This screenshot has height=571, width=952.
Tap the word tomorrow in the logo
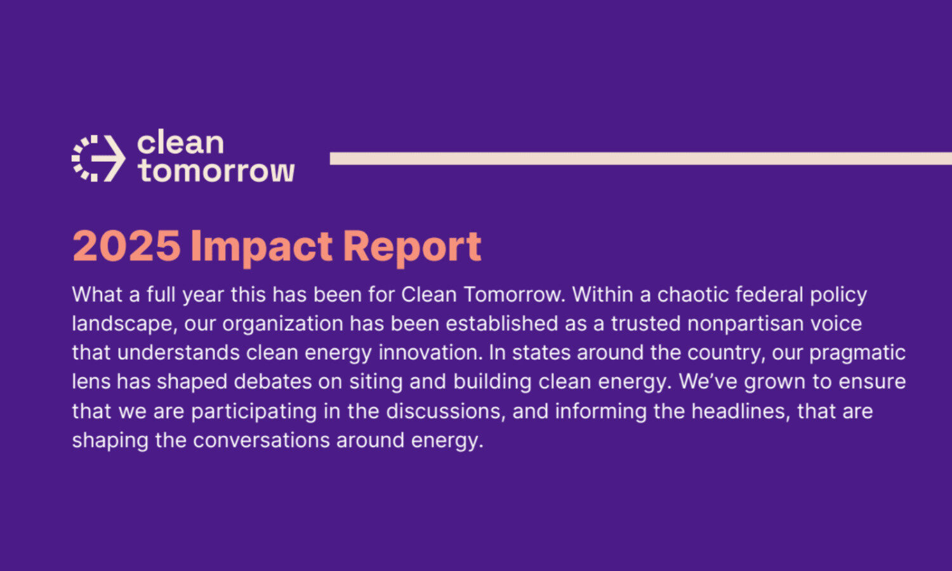tap(216, 171)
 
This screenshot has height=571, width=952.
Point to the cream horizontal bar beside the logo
tap(641, 159)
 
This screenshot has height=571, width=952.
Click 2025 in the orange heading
tap(127, 246)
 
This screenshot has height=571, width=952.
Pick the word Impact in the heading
tap(261, 248)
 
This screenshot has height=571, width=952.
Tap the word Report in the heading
tap(412, 248)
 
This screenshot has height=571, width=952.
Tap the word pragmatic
tap(857, 353)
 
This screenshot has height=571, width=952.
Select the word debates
tap(273, 381)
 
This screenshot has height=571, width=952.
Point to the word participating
tap(254, 412)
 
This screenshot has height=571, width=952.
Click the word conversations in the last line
tap(261, 440)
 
